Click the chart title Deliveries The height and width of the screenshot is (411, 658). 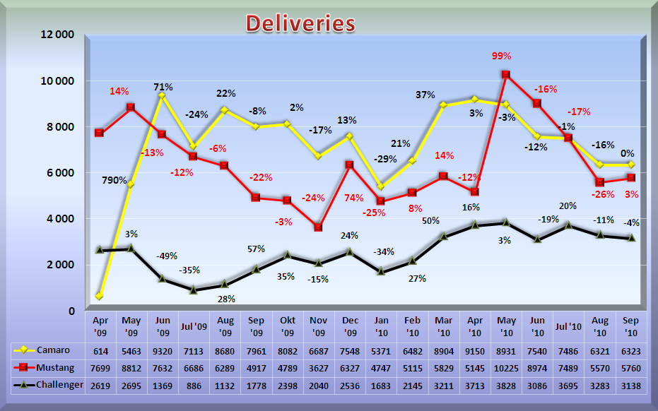(x=300, y=23)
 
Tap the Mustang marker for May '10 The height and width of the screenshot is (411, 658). (x=505, y=74)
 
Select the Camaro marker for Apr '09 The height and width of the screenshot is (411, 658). (x=100, y=296)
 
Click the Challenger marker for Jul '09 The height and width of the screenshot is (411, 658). (x=193, y=290)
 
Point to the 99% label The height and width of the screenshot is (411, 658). (x=502, y=56)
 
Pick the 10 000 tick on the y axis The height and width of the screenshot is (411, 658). (x=55, y=81)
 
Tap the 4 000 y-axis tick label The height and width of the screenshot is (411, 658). (x=60, y=219)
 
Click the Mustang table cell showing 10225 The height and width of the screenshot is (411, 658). (x=506, y=367)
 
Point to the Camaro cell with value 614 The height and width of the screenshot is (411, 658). (x=100, y=350)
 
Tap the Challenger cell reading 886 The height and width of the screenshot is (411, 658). (x=193, y=385)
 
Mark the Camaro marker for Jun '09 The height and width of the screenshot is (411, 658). (x=162, y=96)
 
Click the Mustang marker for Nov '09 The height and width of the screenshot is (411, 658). (x=319, y=227)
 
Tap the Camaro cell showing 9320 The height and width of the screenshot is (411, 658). (x=163, y=350)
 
